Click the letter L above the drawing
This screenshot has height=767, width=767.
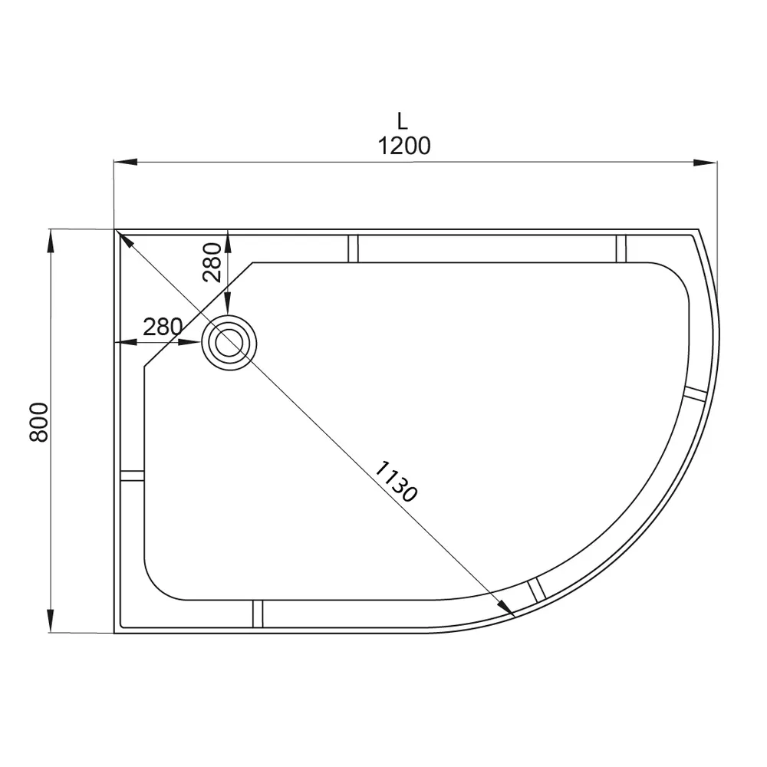tap(403, 120)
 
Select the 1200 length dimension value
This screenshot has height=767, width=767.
tap(404, 145)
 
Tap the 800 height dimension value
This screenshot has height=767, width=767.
tap(40, 423)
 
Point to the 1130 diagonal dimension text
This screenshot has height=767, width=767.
tap(397, 482)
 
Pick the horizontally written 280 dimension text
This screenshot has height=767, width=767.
tap(163, 328)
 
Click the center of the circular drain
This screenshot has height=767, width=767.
tap(229, 343)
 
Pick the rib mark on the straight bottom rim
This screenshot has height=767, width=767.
tap(258, 614)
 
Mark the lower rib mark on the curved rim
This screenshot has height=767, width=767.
tap(535, 589)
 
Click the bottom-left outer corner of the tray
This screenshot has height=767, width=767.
tap(115, 633)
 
